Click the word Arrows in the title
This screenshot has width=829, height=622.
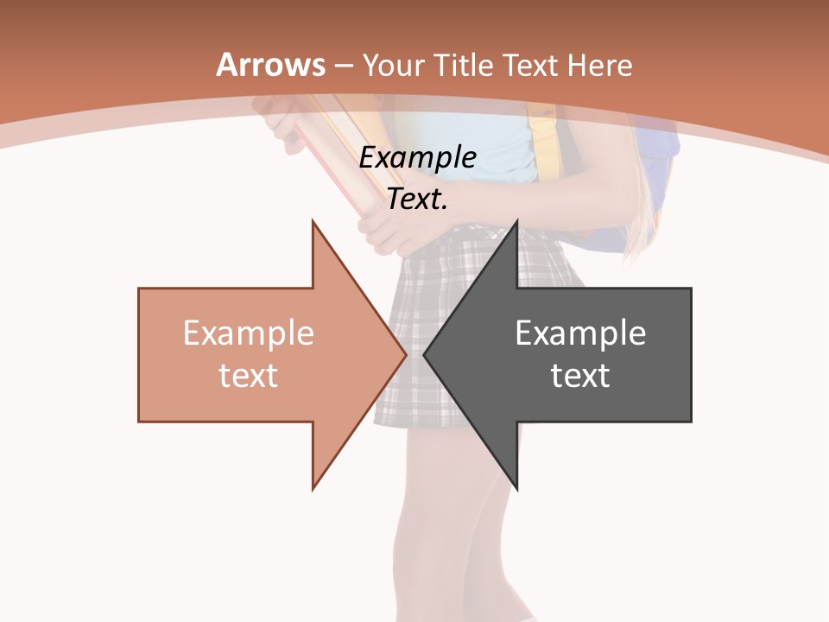(270, 66)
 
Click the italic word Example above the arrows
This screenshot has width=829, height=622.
(417, 158)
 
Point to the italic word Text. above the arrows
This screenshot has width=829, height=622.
(417, 200)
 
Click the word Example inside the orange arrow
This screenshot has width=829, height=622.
(249, 333)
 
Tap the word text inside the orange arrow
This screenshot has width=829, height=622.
(249, 376)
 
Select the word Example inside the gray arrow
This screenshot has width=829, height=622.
(580, 333)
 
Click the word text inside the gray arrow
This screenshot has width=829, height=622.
(580, 376)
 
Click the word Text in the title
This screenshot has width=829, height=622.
(527, 66)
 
